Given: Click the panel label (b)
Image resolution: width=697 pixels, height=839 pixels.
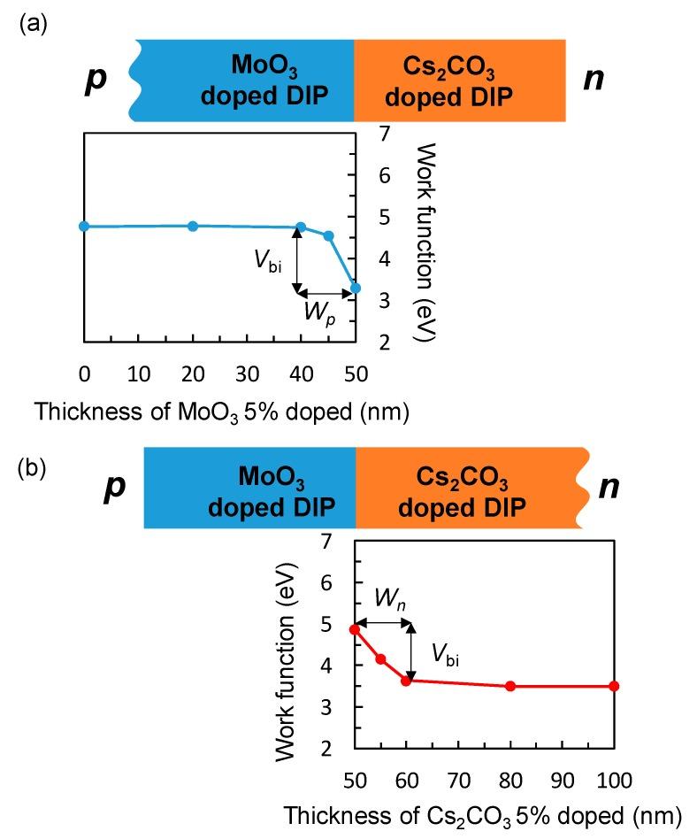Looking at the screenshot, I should (32, 467).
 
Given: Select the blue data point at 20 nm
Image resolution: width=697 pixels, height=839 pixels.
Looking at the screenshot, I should (193, 227).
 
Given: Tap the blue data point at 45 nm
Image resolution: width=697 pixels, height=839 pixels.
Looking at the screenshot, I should (328, 236).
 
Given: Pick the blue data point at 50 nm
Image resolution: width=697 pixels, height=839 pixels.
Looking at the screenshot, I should (355, 288).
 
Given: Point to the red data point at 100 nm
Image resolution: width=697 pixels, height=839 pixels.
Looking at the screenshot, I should (614, 686).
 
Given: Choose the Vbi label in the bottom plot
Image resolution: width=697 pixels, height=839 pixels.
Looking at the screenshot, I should (445, 653).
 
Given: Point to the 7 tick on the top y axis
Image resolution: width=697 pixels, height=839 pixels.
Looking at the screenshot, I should (384, 134).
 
